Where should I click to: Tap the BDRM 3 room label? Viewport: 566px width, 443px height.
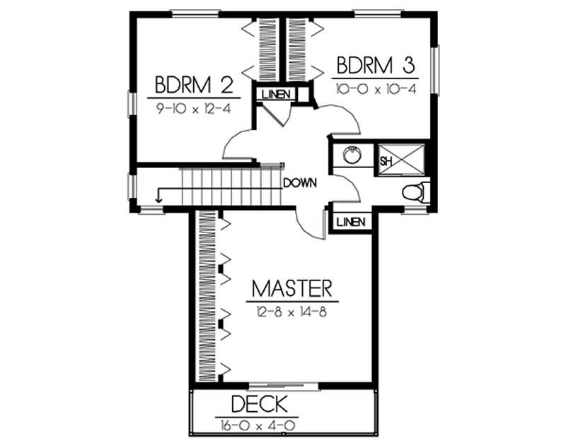coord(375,66)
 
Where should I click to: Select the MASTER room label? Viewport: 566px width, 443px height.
coord(291,289)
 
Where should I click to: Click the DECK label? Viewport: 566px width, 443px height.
coord(260,405)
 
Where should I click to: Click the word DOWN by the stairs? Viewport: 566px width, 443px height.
coord(299,183)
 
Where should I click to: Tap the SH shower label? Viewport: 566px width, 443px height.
coord(386,161)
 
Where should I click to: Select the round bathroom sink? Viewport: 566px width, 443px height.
coord(351,155)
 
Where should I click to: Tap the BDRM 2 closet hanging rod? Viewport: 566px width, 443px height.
coord(268,49)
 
